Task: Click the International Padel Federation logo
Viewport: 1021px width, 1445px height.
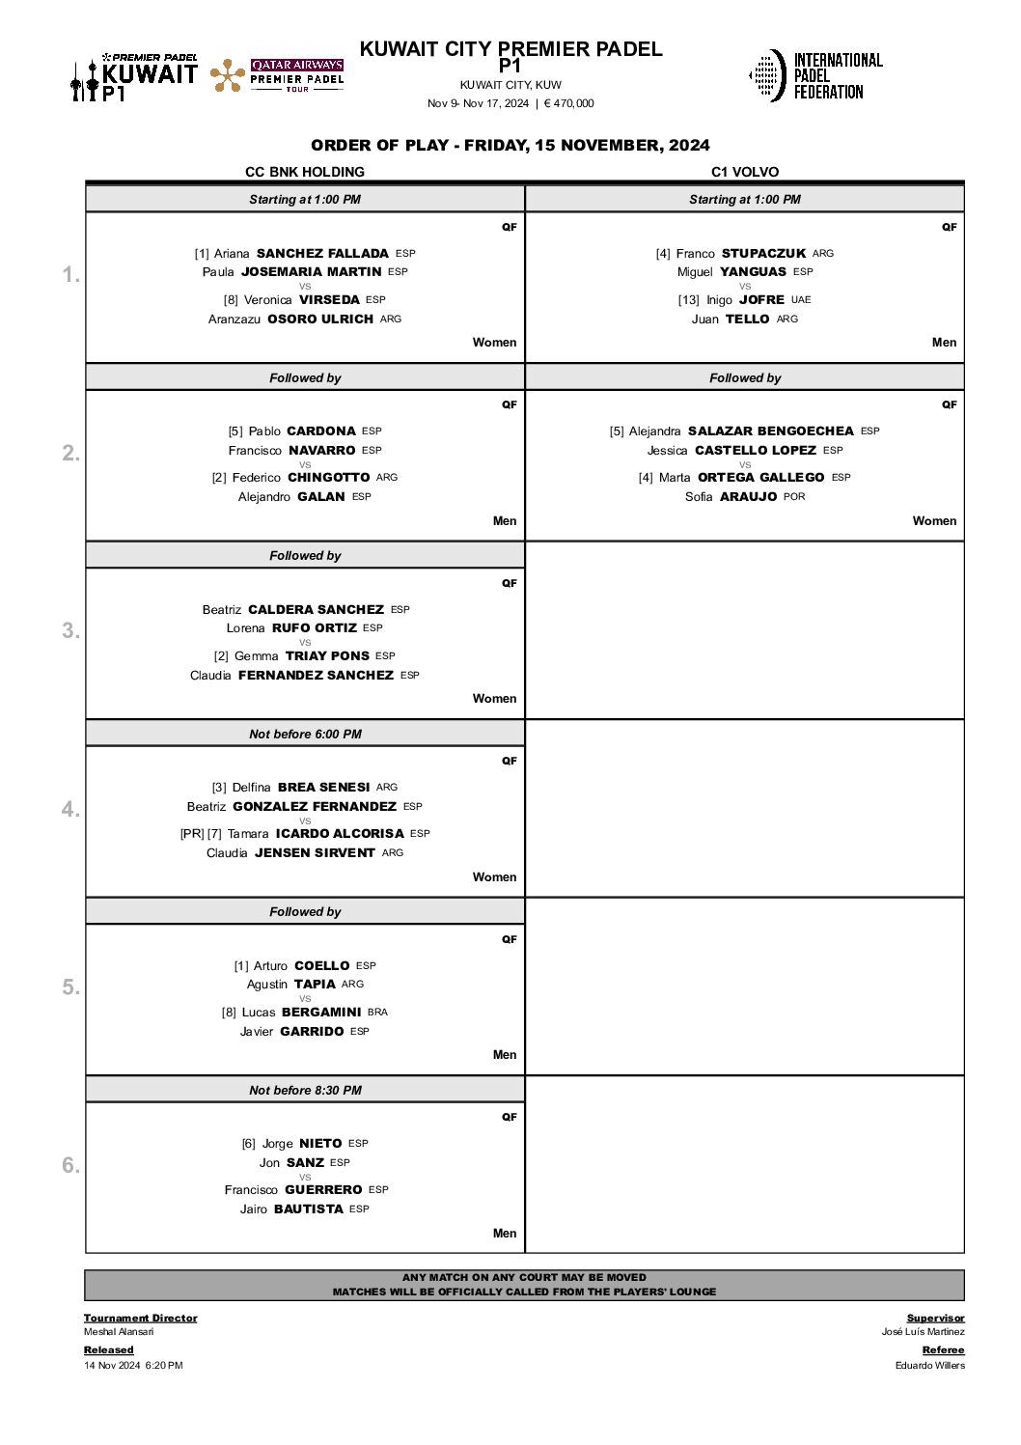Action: coord(815,75)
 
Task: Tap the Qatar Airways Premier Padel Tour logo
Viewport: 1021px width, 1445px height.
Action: coord(277,75)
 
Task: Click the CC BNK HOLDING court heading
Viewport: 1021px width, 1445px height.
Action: coord(305,172)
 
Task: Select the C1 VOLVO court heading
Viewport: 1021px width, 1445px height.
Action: coord(745,172)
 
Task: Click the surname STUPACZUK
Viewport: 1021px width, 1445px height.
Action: coord(763,253)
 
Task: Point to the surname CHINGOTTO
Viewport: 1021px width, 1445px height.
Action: coord(328,477)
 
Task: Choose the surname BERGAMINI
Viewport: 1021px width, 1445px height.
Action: coord(321,1012)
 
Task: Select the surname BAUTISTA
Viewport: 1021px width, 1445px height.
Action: coord(308,1209)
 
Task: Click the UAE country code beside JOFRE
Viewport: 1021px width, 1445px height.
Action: coord(801,299)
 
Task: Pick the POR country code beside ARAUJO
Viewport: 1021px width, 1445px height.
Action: coord(794,496)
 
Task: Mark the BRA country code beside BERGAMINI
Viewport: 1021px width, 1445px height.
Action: coord(377,1012)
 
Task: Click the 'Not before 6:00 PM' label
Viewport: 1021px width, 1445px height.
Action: coord(305,734)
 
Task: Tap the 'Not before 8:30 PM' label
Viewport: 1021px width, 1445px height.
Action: coord(305,1090)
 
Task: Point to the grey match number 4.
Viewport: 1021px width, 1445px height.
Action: coord(70,809)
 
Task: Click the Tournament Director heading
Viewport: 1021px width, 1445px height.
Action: coord(140,1318)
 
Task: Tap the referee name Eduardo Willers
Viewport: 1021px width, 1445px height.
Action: coord(929,1365)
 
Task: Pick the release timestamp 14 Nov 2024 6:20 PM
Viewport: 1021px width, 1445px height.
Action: coord(133,1365)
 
